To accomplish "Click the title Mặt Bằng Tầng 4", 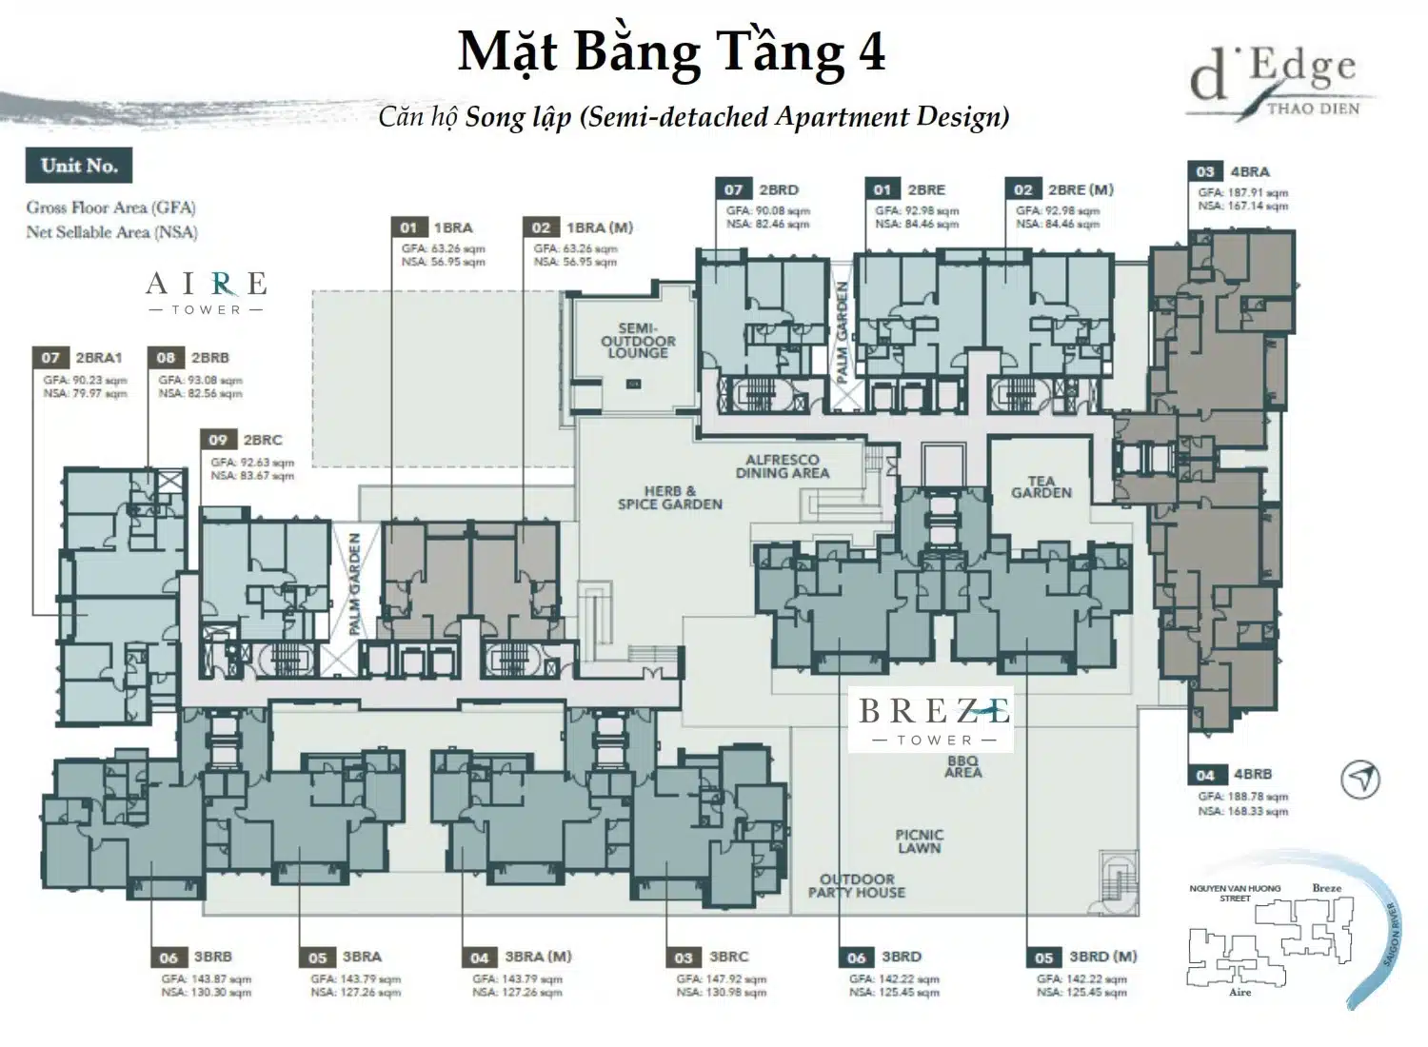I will tap(671, 51).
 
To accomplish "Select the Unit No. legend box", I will tap(79, 166).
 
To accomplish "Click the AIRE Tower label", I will tap(206, 292).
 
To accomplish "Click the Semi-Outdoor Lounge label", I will tap(638, 341).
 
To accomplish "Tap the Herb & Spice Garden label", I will tap(669, 498).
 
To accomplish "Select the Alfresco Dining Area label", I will tap(782, 466).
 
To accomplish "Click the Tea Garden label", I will tap(1041, 486).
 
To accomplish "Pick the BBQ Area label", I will tap(962, 766).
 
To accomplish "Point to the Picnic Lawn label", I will tap(919, 841).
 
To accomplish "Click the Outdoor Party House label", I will tap(857, 886).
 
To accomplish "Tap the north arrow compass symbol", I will tap(1360, 780).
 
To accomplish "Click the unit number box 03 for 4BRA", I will tap(1205, 171).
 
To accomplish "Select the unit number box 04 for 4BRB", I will tap(1205, 775).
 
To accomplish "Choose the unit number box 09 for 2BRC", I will tap(218, 440).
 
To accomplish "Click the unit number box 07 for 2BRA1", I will tap(50, 358).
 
